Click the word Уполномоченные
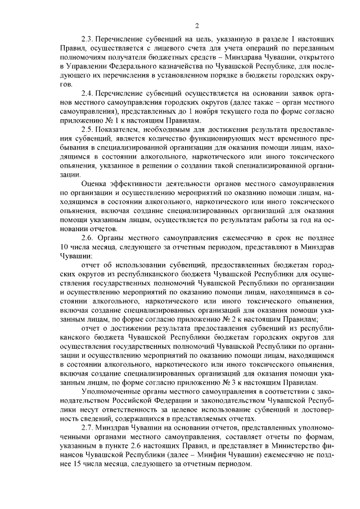click(112, 391)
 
